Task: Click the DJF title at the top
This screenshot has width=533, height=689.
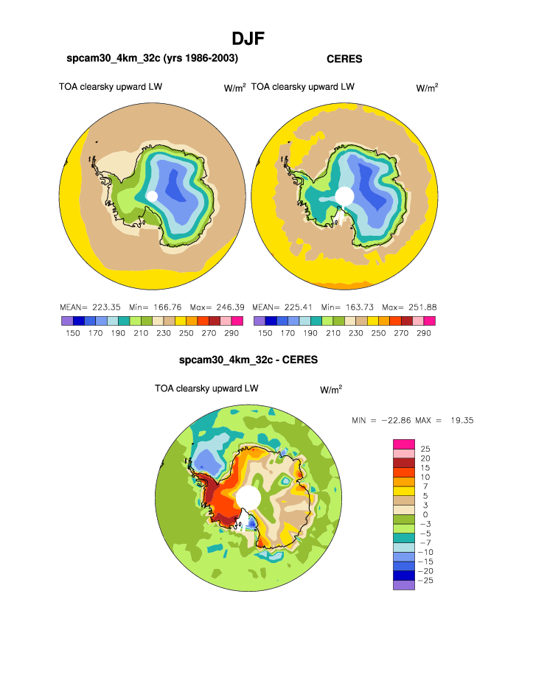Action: (x=248, y=38)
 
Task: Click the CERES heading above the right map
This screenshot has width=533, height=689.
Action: (x=344, y=59)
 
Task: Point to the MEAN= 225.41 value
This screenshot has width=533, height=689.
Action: (x=279, y=307)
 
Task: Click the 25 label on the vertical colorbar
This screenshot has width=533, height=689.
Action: (x=425, y=448)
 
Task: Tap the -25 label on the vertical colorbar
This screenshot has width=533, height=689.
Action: (x=427, y=581)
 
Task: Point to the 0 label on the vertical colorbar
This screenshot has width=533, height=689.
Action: (x=425, y=514)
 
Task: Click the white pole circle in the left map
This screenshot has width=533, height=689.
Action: (x=152, y=196)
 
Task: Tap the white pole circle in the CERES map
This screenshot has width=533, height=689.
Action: (x=344, y=195)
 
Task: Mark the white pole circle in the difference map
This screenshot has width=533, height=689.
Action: (x=248, y=497)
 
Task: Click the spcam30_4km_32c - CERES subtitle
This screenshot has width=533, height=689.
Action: (x=248, y=360)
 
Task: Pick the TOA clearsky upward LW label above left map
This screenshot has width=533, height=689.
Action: (x=111, y=87)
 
